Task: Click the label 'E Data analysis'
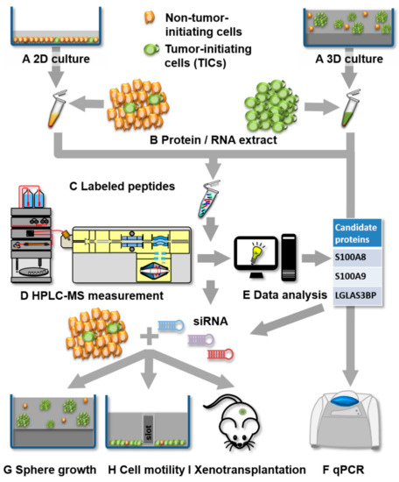pyautogui.click(x=265, y=295)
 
